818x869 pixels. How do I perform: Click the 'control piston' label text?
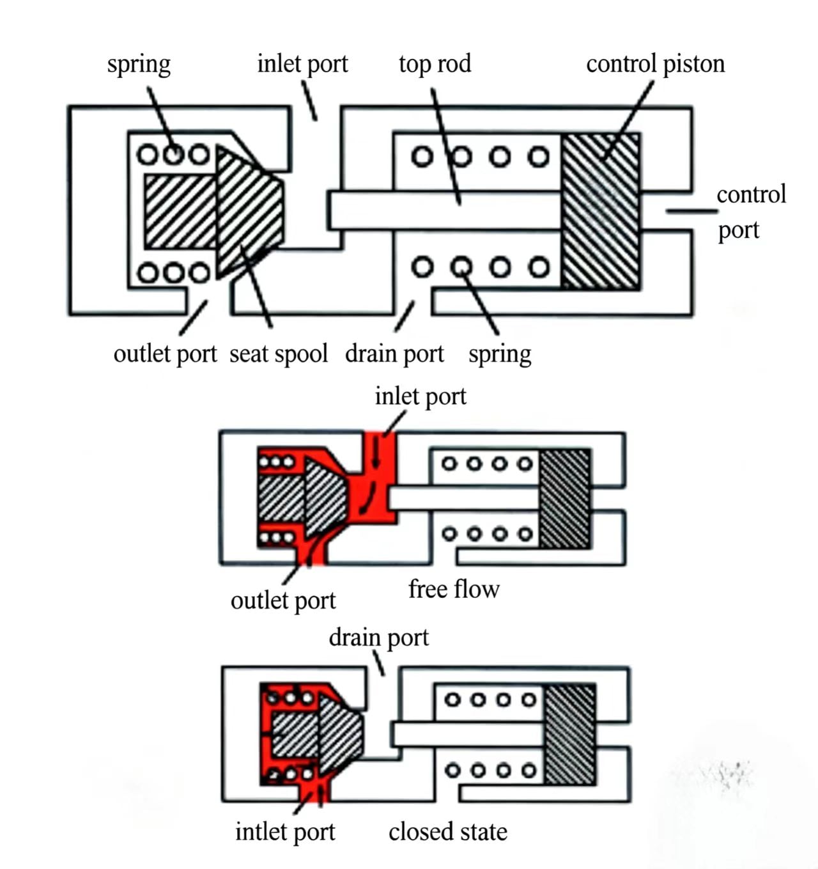(655, 65)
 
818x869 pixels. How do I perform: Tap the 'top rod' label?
(435, 65)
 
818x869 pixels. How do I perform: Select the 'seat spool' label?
(279, 354)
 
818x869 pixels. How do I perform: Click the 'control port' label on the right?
(751, 212)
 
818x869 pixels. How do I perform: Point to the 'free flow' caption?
(454, 589)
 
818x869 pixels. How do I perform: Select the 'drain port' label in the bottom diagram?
(379, 638)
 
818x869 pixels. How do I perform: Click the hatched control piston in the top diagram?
(600, 211)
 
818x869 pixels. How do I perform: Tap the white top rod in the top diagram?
(445, 210)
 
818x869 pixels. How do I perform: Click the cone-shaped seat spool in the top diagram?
(249, 212)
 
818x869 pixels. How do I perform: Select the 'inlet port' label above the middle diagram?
(421, 396)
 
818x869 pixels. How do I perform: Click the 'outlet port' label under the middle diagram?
(283, 601)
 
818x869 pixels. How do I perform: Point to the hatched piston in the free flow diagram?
(565, 499)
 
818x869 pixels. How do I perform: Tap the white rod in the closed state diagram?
(468, 734)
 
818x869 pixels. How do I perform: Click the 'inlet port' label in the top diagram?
(303, 65)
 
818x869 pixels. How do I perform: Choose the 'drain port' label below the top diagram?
(394, 354)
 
